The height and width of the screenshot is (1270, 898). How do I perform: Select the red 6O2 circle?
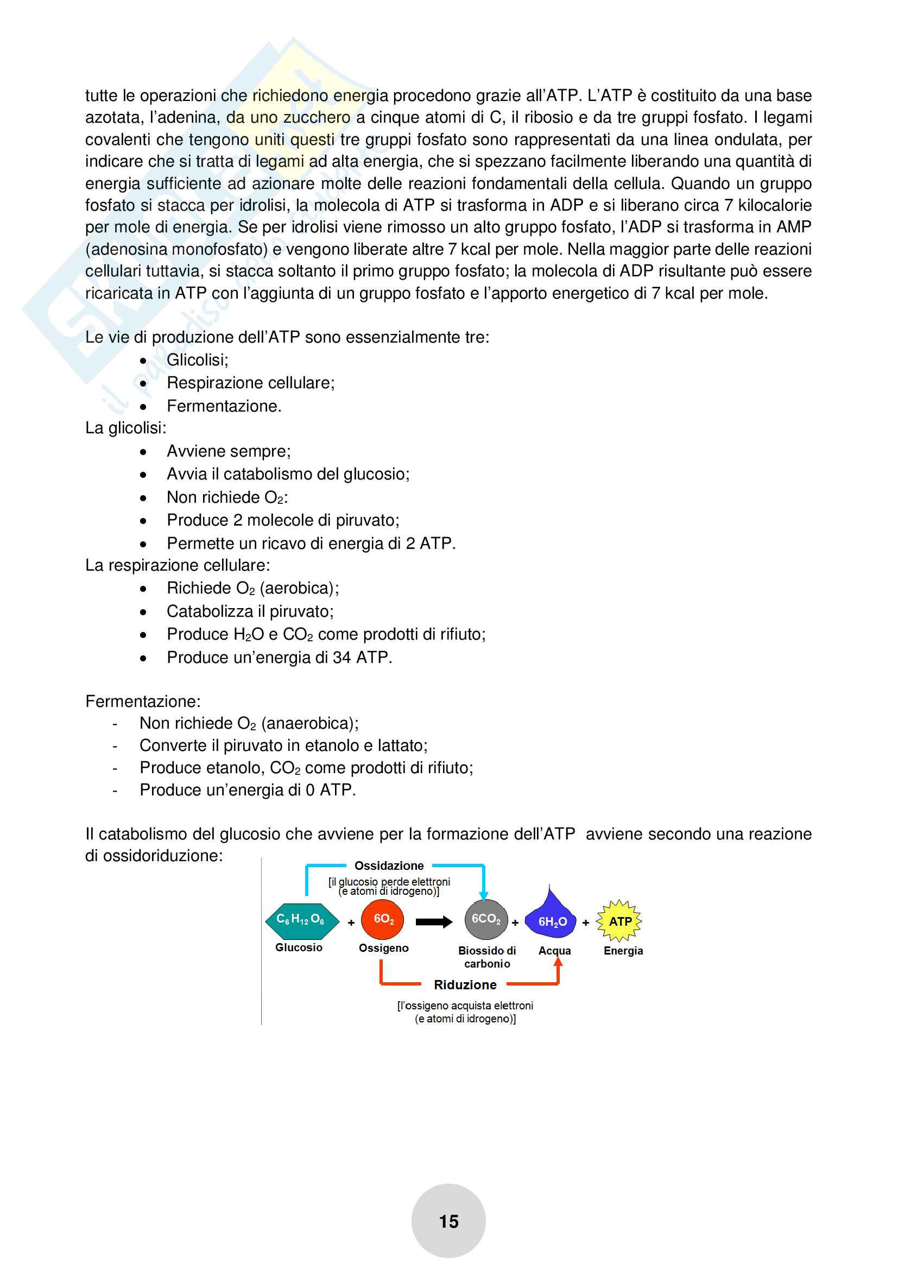(382, 920)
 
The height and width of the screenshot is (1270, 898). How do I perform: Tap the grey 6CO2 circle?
(485, 920)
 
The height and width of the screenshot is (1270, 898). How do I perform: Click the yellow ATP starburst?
(619, 921)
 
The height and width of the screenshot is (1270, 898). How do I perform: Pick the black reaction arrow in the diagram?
(433, 921)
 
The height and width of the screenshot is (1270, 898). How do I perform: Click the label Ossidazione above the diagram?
(389, 865)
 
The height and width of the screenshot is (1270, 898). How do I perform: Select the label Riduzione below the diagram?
(465, 984)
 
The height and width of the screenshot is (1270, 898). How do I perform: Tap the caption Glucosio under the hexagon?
(299, 947)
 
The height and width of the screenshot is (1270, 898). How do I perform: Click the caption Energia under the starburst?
(623, 951)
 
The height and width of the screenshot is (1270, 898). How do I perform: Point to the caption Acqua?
(555, 951)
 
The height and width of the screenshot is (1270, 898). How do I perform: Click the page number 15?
(448, 1221)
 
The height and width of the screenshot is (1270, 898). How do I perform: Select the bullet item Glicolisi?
(198, 360)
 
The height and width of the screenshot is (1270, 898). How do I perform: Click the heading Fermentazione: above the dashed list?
(143, 702)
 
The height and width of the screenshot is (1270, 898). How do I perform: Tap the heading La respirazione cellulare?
(178, 565)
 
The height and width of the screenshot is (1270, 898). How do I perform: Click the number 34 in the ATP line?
(342, 658)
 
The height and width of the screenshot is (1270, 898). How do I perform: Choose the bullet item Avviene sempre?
(229, 451)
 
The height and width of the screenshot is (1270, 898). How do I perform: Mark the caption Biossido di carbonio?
(486, 957)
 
